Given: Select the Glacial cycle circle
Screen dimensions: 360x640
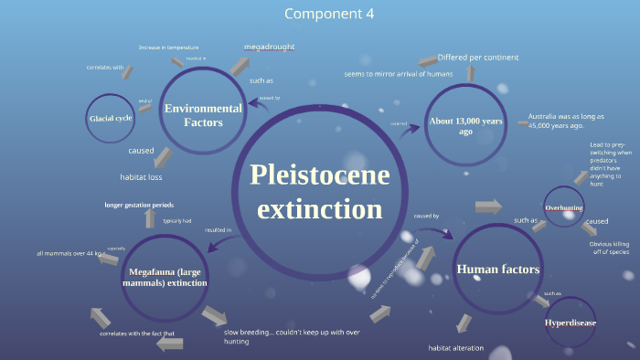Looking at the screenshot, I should click(112, 119).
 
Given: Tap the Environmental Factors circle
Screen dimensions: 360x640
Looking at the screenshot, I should click(203, 115).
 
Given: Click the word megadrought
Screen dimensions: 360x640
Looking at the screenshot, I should click(269, 47).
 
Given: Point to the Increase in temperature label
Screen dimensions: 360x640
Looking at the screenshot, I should click(168, 47).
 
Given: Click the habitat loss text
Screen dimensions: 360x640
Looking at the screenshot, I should click(141, 176).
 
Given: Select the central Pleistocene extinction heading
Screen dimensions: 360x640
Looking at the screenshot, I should click(319, 191).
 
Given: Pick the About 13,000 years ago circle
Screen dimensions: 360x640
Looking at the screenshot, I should click(465, 126).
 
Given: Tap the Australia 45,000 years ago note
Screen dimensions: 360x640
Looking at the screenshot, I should click(568, 122).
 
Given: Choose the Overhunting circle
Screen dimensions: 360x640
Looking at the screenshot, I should click(564, 207).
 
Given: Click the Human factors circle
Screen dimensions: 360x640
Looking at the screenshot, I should click(497, 269).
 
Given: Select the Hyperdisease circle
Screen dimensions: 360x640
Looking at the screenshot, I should click(571, 323).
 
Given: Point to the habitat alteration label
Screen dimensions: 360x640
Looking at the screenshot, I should click(456, 348).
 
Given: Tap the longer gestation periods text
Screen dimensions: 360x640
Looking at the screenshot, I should click(139, 205).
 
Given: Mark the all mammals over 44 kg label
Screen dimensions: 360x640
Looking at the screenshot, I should click(72, 253).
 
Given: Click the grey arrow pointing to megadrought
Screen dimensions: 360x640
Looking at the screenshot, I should click(239, 67).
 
